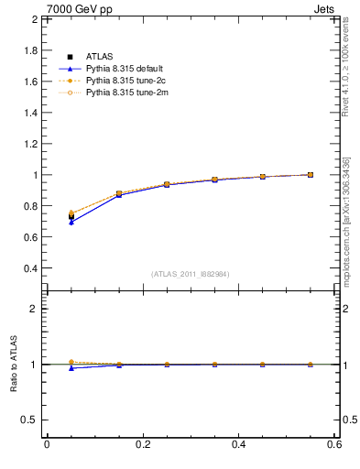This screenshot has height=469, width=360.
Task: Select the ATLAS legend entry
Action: click(x=98, y=57)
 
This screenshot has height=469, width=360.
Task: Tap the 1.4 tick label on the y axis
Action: click(x=31, y=113)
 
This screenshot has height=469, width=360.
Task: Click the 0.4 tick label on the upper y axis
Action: click(x=31, y=268)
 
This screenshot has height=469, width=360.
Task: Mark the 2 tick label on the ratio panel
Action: click(x=33, y=309)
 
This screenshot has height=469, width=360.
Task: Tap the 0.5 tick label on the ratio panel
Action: click(x=29, y=420)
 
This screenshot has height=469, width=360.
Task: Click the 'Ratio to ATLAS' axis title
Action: click(x=14, y=364)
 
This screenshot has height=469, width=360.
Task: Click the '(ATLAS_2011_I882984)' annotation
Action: click(x=191, y=274)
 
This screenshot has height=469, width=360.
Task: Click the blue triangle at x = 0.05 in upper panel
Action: click(x=71, y=223)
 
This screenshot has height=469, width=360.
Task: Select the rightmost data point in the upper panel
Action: click(x=311, y=175)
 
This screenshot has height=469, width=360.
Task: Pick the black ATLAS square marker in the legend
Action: click(x=70, y=57)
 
